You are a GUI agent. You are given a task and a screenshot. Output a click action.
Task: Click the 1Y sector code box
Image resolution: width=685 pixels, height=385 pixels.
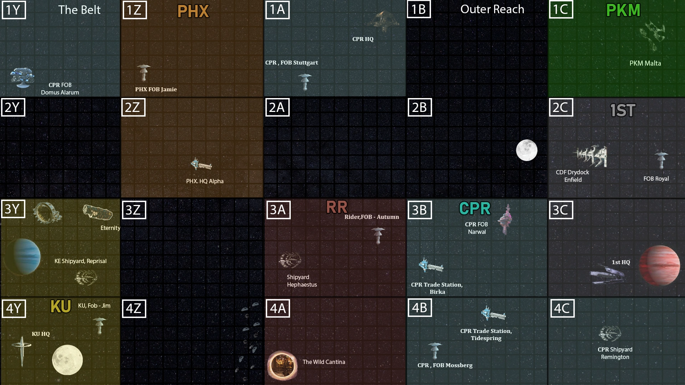coord(14,10)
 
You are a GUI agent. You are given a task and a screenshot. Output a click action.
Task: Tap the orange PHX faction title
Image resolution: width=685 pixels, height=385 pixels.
coord(193,11)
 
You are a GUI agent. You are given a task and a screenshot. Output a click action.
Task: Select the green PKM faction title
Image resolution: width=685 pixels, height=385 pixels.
coord(623,10)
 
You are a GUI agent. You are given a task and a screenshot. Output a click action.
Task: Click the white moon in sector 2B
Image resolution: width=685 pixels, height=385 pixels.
coord(527,150)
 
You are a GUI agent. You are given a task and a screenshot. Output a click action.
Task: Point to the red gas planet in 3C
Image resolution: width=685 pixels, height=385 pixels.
coord(660,265)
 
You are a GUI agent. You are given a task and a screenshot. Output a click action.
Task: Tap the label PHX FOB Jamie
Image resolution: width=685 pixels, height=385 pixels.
coord(156,89)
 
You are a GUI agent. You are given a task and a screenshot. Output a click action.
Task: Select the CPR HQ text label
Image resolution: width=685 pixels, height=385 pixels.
coord(363,39)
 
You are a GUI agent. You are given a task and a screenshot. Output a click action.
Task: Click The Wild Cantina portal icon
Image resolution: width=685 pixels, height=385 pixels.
coord(282,365)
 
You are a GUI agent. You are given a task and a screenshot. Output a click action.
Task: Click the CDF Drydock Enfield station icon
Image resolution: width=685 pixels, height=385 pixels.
coord(592,156)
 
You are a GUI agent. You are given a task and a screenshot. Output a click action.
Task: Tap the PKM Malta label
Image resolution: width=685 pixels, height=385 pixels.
coord(645,63)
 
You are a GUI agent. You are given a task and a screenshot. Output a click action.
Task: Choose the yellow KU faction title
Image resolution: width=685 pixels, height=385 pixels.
coord(61,307)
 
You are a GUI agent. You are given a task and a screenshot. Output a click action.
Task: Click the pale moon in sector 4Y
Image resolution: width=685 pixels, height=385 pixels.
coord(67,360)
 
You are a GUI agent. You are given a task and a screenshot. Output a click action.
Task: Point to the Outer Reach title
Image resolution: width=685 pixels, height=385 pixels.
coord(492,9)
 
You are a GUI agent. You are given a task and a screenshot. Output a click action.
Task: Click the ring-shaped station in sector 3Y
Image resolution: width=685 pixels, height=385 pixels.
coord(47,212)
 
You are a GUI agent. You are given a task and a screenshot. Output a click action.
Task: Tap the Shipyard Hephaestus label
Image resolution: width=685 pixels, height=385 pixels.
coord(302,281)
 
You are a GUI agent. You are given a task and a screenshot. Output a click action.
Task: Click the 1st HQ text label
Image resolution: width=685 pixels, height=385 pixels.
coord(621,262)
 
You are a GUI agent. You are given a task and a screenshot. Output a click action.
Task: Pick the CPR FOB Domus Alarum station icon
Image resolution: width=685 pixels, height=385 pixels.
coord(22,77)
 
